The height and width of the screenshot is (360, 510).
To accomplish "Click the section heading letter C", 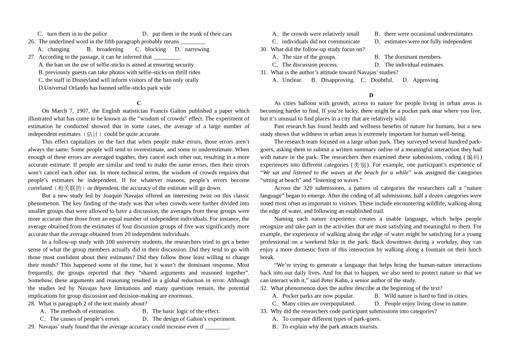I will click(139, 103).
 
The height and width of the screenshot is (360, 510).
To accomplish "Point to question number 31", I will click(264, 72).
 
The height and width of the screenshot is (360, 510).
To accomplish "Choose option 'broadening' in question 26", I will click(110, 49).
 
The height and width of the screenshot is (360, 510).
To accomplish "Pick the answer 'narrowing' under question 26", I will click(196, 49).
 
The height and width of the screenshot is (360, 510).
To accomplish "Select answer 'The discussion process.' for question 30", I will click(310, 65).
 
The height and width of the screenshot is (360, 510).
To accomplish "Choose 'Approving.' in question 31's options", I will click(426, 80).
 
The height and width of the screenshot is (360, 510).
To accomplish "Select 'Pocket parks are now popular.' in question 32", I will click(318, 296).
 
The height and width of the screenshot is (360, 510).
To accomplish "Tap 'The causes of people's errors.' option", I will click(85, 319).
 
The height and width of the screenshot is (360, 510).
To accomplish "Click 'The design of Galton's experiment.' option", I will click(194, 319).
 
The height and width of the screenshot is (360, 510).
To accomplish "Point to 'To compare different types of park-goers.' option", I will click(331, 319).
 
